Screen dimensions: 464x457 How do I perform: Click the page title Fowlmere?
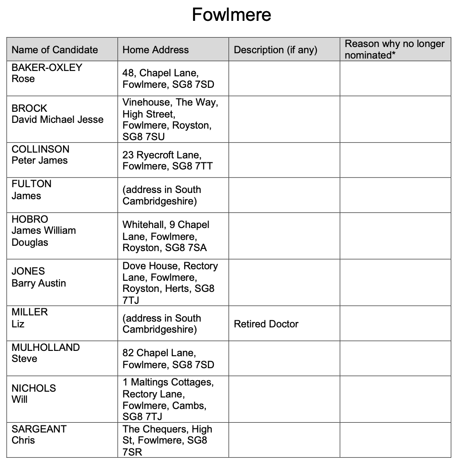point(231,15)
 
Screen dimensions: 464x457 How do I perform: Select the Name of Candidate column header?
point(55,50)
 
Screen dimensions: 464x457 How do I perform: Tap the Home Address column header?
point(155,50)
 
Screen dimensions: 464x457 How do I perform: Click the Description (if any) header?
point(275,50)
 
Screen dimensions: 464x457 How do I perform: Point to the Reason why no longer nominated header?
point(394,49)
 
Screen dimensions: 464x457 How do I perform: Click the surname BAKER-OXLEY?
point(47,67)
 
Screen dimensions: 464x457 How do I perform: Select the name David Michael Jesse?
point(57,120)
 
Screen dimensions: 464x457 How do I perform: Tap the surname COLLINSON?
point(40,149)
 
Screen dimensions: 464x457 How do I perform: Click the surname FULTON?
point(31,184)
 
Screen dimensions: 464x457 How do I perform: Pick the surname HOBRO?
point(30,219)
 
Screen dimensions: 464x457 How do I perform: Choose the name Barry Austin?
point(39,283)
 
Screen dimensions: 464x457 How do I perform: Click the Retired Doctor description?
point(266,324)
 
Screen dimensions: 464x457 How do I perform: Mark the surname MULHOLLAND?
point(45,347)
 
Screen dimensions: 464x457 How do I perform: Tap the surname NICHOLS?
point(34,388)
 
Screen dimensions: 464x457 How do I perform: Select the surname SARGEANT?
point(39,429)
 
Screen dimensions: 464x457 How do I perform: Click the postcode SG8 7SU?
point(143,137)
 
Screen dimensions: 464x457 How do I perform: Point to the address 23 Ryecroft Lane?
point(162,155)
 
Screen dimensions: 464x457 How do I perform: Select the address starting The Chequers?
point(167,429)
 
